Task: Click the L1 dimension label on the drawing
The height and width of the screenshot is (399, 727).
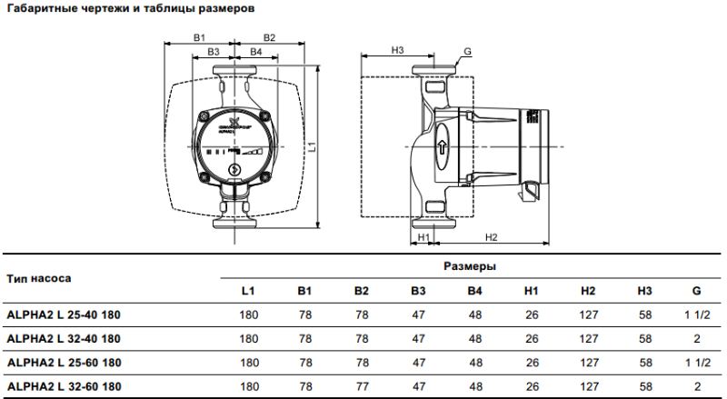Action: coord(311,145)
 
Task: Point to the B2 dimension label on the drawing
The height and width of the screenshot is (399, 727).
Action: coord(269,37)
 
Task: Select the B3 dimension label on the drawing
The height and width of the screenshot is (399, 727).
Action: coord(214,53)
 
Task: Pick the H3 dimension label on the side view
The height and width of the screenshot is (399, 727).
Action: coord(397,49)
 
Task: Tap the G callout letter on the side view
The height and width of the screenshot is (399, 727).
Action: coord(467,53)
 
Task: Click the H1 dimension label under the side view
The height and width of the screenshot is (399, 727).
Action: coord(423,237)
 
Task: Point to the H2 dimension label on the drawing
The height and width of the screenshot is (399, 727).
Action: coord(491,237)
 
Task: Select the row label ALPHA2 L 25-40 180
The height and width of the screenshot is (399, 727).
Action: coord(64,314)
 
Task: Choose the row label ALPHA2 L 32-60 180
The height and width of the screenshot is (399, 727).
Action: coord(64,386)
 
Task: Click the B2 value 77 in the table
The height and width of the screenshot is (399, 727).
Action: coord(361,386)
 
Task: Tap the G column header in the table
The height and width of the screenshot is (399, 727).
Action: coord(695,291)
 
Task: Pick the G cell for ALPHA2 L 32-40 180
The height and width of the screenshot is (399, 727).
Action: coord(695,338)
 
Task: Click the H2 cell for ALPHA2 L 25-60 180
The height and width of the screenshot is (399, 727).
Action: coord(587,362)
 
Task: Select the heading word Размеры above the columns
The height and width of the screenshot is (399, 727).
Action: coord(469,267)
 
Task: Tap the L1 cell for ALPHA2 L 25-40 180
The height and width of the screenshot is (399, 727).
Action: coord(248,314)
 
